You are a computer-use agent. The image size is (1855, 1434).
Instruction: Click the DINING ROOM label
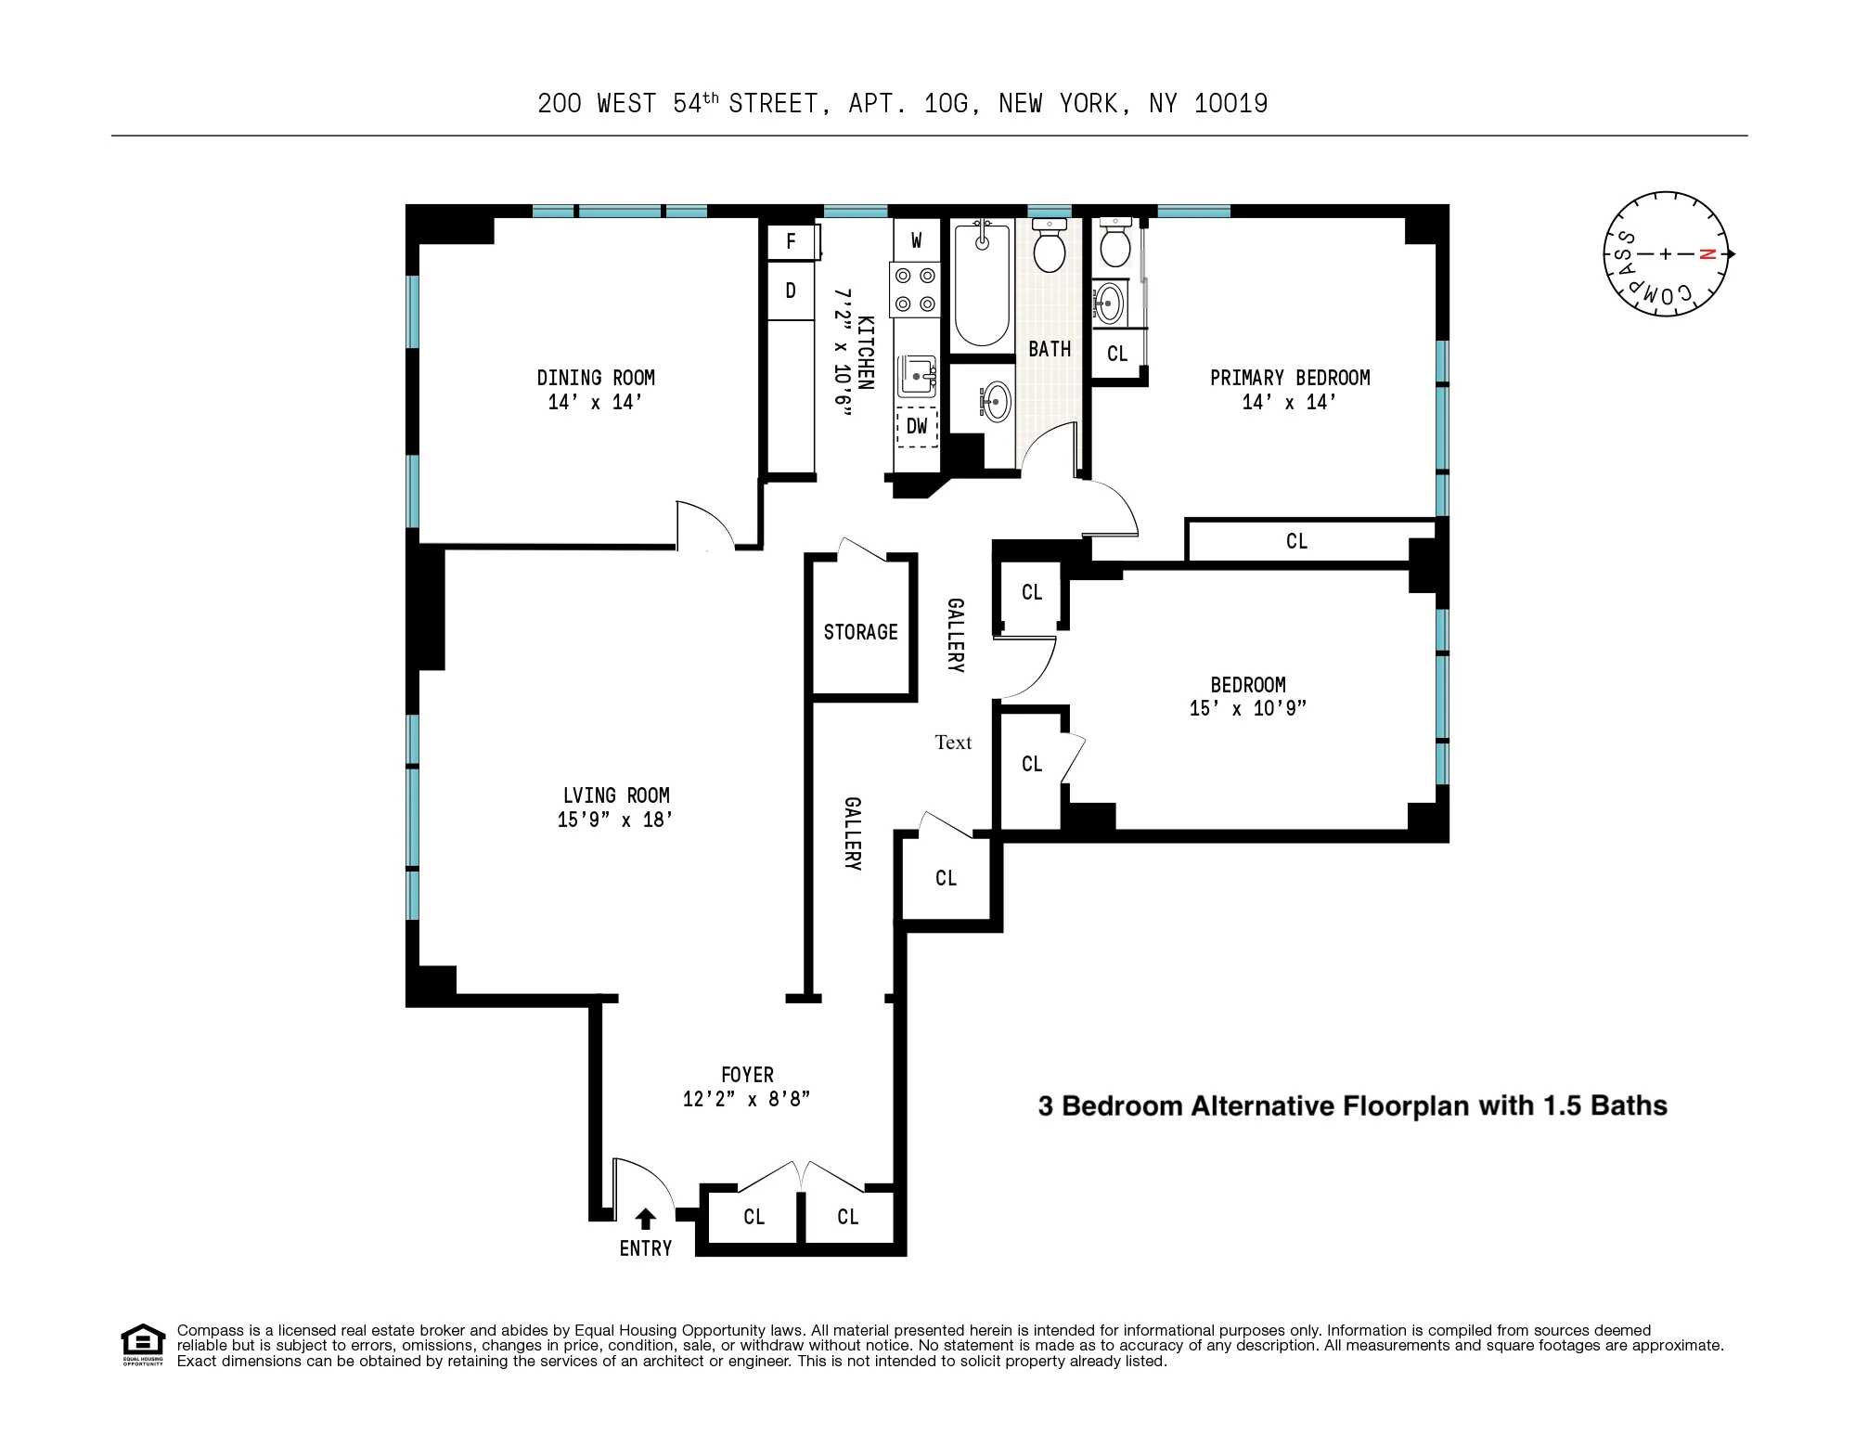click(595, 378)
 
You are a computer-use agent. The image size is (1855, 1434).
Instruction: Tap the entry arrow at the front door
click(645, 1219)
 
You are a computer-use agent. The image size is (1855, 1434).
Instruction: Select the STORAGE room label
click(860, 632)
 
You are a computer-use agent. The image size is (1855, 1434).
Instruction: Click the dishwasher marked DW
click(917, 426)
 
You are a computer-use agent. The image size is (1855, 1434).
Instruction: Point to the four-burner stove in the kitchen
click(914, 290)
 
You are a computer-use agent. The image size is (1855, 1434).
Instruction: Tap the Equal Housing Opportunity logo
click(143, 1344)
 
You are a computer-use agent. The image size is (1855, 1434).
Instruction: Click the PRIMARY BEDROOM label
click(1289, 378)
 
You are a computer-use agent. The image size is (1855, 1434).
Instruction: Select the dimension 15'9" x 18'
click(614, 820)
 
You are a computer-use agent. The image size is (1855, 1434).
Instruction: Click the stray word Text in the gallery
click(953, 743)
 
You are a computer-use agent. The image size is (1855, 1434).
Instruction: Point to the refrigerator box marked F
click(791, 242)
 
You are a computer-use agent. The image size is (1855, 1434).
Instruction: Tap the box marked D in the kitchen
click(791, 291)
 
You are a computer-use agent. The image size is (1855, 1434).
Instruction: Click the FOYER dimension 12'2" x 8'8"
click(746, 1099)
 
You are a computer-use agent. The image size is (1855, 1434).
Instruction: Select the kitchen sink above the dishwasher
click(918, 376)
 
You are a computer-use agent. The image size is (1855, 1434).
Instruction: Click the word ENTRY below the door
click(645, 1248)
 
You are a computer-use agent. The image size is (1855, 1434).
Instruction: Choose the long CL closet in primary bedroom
click(1296, 541)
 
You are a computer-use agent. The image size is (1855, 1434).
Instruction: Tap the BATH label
click(1049, 350)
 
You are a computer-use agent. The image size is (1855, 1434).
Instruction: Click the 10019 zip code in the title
click(1230, 104)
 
